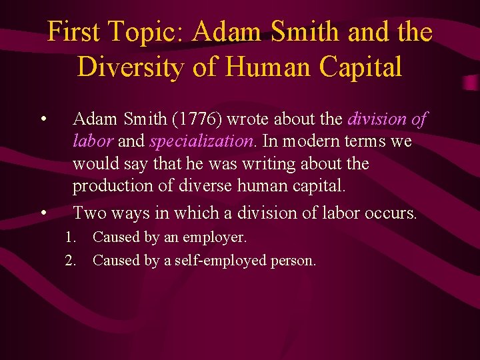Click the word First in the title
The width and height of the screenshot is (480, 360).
click(x=73, y=32)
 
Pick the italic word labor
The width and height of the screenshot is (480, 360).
click(x=93, y=142)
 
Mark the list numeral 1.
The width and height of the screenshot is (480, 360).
click(x=69, y=237)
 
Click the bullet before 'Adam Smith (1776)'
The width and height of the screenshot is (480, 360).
click(x=43, y=121)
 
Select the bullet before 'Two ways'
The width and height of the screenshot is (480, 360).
click(x=43, y=214)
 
